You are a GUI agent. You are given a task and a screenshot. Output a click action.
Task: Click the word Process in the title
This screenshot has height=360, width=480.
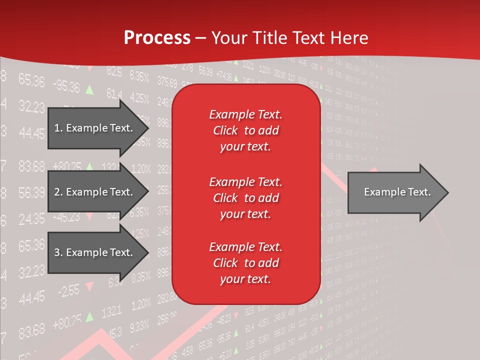pos(157,38)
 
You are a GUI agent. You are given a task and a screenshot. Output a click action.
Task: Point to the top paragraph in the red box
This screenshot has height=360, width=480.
pos(245,130)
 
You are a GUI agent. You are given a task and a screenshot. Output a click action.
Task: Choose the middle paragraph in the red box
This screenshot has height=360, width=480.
pos(245,197)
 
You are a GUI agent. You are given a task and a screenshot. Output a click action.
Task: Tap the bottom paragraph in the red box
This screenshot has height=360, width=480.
pos(245,263)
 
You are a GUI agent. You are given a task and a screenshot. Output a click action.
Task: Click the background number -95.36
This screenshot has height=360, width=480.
pos(66,86)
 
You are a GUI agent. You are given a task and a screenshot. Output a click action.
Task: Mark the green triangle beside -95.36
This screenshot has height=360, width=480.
pos(89,90)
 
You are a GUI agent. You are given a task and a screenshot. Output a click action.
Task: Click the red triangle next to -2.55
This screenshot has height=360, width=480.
pos(89,286)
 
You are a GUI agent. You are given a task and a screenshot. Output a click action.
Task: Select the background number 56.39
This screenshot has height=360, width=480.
pos(31,192)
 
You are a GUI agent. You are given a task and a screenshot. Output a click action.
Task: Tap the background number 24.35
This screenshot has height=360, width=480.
pos(31,219)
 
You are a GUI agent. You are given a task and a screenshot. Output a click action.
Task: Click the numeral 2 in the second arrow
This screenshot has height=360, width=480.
pos(56,192)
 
